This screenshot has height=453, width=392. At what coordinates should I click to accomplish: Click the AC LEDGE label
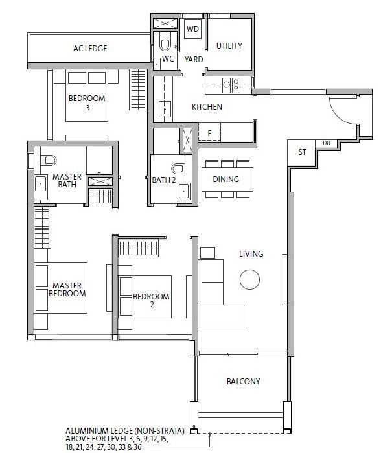point(90,48)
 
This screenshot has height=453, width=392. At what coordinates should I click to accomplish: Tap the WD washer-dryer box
point(192,29)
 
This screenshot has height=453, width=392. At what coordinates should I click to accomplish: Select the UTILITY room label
point(229,45)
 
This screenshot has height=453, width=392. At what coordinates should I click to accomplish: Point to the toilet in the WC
point(165,43)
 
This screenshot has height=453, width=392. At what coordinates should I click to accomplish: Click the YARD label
point(194,59)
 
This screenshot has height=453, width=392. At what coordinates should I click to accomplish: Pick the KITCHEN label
point(207,106)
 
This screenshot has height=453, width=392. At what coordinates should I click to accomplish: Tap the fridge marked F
point(209,133)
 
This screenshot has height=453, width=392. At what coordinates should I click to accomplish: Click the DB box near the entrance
point(326,143)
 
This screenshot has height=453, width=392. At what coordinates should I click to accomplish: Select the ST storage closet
point(301,152)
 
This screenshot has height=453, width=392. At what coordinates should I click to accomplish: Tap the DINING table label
point(226,179)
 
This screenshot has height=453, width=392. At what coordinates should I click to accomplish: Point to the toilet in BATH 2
point(178,168)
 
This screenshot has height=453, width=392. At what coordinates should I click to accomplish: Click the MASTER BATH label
point(67,180)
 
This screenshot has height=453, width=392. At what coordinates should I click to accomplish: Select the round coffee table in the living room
point(249,279)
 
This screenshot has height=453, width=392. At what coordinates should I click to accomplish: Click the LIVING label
point(251,254)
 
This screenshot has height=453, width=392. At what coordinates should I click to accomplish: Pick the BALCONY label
point(243,381)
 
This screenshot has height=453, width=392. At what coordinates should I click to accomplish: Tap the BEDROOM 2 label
point(151,301)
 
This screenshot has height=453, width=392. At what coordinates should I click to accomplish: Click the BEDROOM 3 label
point(87,102)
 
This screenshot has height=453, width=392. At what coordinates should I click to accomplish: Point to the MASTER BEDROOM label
point(67,290)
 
